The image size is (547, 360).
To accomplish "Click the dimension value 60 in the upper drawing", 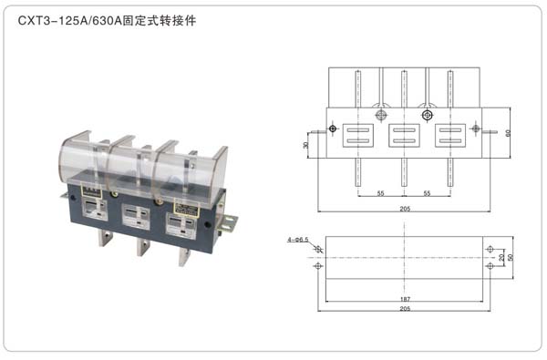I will point(507,133).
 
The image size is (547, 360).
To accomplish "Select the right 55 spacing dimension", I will point(427,193).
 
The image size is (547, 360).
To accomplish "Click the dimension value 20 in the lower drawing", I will point(501,257).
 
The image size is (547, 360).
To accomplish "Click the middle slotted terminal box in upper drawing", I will point(402,136).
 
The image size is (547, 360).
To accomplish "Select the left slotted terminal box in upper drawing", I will point(355,136).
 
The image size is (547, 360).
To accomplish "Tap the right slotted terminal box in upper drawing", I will point(449,136).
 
